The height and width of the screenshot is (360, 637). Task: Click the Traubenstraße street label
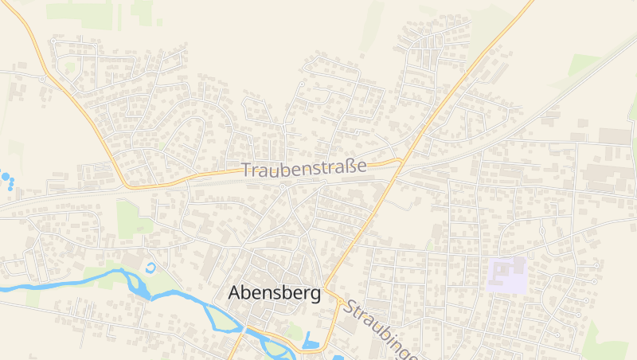[303, 168]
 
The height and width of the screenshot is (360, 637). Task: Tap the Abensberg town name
[274, 292]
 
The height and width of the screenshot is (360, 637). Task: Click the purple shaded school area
[507, 275]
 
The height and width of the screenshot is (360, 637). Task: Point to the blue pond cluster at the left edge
[7, 178]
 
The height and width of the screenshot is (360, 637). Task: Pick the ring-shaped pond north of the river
[151, 266]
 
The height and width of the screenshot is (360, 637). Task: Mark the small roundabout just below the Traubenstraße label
[283, 187]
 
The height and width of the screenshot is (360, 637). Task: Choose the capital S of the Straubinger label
[350, 307]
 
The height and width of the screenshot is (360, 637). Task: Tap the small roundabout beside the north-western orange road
[41, 79]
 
